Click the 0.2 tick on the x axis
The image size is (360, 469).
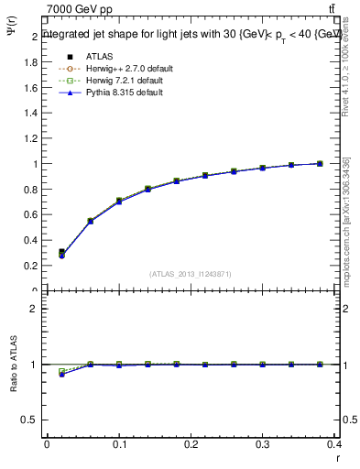pyautogui.click(x=191, y=445)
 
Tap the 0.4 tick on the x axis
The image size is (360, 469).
pyautogui.click(x=334, y=445)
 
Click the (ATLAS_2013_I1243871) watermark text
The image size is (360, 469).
pyautogui.click(x=191, y=274)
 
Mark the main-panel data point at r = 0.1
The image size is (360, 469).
pyautogui.click(x=119, y=201)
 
